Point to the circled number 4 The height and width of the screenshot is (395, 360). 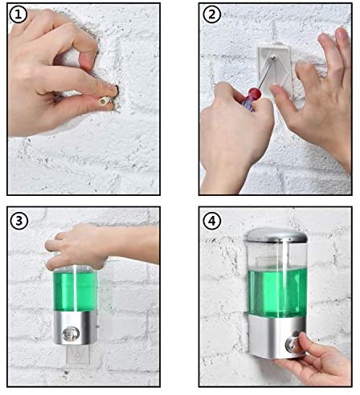coord(211,220)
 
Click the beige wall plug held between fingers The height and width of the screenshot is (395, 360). coord(104,101)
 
